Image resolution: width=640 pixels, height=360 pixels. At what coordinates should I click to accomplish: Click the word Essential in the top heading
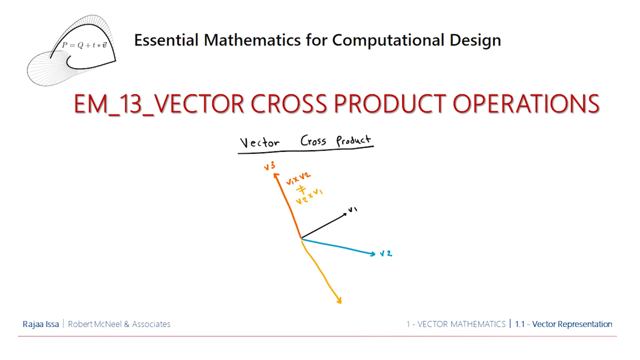(x=166, y=40)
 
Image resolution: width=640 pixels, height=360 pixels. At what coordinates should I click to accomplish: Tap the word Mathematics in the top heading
(x=252, y=40)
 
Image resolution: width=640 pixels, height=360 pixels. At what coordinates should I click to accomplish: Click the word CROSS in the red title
(x=289, y=104)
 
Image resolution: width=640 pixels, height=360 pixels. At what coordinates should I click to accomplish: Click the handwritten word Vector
(x=260, y=142)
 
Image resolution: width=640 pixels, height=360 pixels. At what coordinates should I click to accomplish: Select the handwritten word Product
(x=354, y=140)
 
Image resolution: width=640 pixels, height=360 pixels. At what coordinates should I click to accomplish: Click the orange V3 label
(x=269, y=166)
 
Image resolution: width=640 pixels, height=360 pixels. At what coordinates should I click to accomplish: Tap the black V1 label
(x=352, y=210)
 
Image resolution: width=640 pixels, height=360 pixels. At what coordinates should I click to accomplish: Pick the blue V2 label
(x=386, y=254)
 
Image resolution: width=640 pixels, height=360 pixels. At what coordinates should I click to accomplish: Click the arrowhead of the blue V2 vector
(x=373, y=254)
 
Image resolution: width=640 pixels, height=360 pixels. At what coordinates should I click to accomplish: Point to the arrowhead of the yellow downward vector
(x=339, y=300)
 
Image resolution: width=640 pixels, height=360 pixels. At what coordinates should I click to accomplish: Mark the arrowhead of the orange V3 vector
(x=276, y=175)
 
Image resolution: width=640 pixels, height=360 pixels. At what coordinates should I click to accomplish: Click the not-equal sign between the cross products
(x=301, y=189)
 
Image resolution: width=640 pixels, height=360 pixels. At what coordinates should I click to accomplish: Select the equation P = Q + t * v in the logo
(x=84, y=45)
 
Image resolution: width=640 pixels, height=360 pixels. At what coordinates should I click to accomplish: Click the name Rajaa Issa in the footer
(x=41, y=324)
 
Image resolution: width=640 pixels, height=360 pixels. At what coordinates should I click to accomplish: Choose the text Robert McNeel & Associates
(x=119, y=324)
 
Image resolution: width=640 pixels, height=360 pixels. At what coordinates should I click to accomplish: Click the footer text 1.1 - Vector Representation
(x=563, y=324)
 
